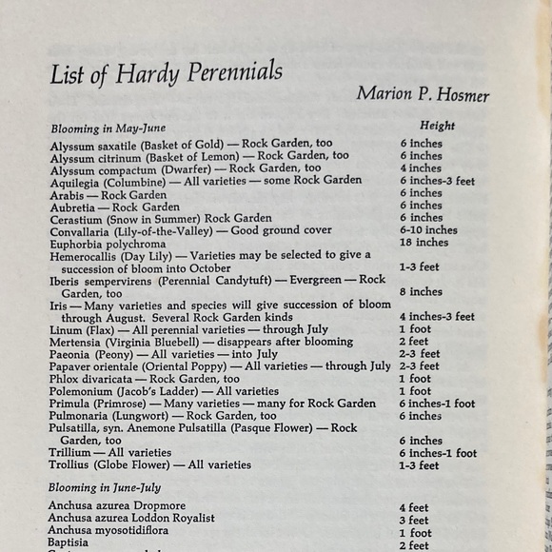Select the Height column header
pyautogui.click(x=437, y=126)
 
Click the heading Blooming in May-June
pyautogui.click(x=108, y=127)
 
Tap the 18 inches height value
pyautogui.click(x=424, y=243)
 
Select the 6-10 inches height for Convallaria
pyautogui.click(x=427, y=230)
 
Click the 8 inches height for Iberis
pyautogui.click(x=421, y=292)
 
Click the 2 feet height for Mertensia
pyautogui.click(x=414, y=342)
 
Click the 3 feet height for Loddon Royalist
pyautogui.click(x=414, y=521)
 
